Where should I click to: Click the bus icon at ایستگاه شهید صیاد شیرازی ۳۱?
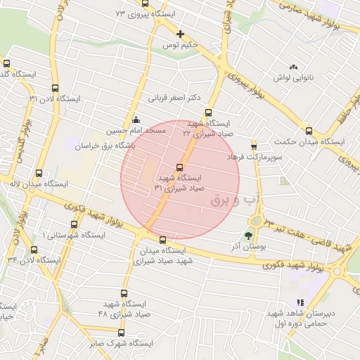point(180,167)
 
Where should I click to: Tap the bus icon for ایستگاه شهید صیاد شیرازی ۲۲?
point(207,112)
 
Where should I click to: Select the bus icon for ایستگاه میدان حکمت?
point(309,131)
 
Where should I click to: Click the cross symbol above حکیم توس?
point(181,34)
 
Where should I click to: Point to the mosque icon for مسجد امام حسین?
point(135,120)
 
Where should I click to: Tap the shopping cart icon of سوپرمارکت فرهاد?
point(254,146)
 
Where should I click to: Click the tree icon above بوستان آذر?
point(248,236)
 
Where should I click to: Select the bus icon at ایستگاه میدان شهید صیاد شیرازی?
point(163,240)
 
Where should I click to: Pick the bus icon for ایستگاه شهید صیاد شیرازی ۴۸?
point(124,294)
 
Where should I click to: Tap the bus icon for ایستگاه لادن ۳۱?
point(56,89)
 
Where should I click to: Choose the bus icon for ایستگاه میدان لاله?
point(38,172)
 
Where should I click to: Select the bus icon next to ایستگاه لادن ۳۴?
point(34,250)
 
